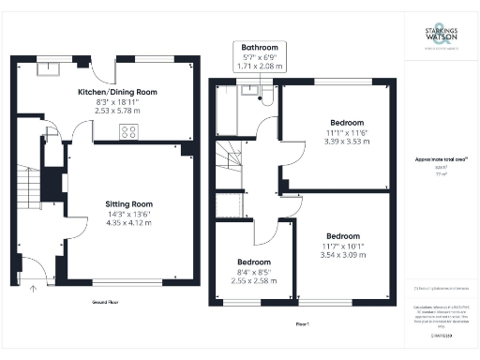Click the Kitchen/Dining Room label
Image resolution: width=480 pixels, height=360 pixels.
pos(117,92)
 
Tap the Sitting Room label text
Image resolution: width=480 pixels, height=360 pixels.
pos(128,203)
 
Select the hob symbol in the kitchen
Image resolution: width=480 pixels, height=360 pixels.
pos(127,131)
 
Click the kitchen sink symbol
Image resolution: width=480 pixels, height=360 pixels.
pos(46,67)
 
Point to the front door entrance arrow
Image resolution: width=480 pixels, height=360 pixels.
pos(35,288)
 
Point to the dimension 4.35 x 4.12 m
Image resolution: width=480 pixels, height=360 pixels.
pos(128,222)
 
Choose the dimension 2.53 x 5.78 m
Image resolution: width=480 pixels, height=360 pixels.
pos(117,110)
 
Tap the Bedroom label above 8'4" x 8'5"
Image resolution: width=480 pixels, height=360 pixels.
pos(254,262)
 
